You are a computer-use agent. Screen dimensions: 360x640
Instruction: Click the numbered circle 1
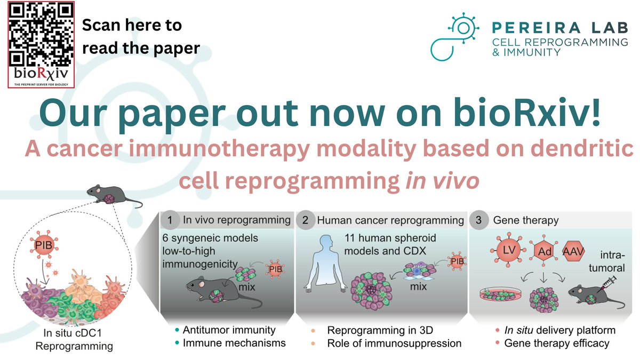(x=170, y=219)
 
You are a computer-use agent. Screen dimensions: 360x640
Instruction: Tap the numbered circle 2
(x=304, y=219)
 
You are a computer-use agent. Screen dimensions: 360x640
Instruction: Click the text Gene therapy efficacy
(x=556, y=343)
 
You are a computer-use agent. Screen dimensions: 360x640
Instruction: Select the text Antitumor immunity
(x=229, y=330)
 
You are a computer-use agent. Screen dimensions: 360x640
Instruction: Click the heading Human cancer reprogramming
(x=390, y=219)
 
